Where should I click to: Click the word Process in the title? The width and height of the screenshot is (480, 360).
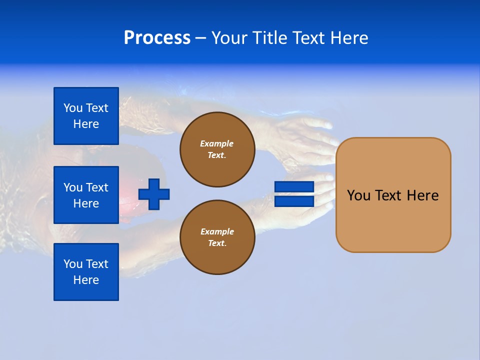point(157,38)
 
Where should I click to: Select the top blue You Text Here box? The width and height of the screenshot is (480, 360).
point(86,116)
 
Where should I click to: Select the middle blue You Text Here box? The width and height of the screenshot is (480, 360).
point(86,195)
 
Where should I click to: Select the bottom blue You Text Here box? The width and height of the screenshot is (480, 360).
point(86,272)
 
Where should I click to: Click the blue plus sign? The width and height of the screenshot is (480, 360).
point(154,194)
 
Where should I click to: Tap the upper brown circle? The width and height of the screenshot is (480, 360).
point(217,149)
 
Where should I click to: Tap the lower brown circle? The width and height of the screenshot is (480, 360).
point(217,237)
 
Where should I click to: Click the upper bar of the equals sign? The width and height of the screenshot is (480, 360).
point(294,187)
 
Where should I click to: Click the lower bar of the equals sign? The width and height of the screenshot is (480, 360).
point(294,201)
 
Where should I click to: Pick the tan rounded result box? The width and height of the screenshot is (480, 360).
point(393,194)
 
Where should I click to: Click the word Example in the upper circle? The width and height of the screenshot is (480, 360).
point(217,143)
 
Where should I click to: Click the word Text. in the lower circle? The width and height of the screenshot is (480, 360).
point(217,243)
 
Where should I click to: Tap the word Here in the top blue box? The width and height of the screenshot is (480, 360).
point(86,124)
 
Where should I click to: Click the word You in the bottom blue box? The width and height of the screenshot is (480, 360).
point(73,264)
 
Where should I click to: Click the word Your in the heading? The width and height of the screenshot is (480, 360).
point(229,38)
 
